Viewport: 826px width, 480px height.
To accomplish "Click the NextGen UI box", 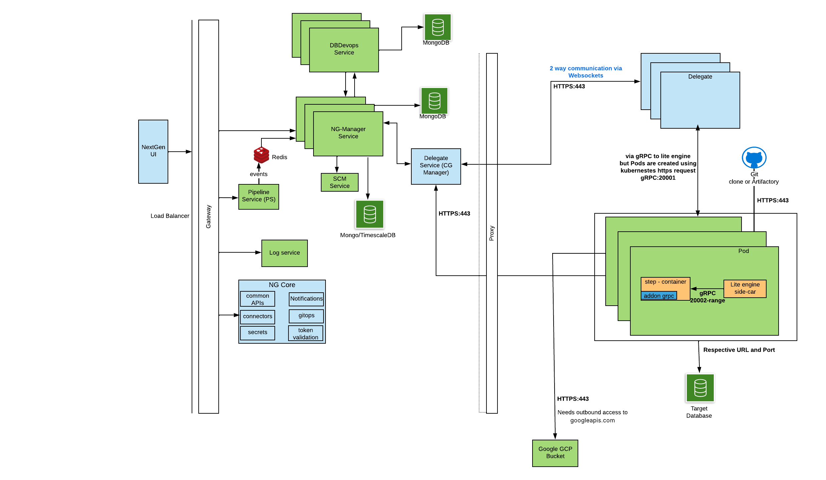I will point(153,151).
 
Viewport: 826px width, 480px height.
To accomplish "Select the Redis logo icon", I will point(261,155).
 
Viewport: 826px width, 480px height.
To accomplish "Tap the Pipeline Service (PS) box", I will point(258,196).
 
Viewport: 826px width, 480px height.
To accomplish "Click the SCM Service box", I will point(339,182).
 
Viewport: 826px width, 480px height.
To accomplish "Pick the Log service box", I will point(284,253).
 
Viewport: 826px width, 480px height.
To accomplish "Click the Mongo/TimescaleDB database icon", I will point(370,214).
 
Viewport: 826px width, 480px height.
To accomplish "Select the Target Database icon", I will point(700,388).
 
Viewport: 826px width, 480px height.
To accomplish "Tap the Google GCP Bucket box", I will point(555,453).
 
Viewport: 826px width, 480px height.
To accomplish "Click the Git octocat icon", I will point(754,158).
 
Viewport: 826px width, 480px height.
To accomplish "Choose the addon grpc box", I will point(658,296).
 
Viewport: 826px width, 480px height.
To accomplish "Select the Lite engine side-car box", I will point(745,288).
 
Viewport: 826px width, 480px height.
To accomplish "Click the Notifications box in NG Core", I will point(306,299).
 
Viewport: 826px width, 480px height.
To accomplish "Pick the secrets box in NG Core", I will point(257,333).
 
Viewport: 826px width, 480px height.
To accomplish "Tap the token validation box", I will point(305,333).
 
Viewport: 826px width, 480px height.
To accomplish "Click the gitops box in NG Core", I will point(306,316).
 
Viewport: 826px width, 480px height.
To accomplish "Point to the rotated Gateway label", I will point(208,216).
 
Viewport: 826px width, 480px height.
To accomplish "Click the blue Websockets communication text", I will point(586,72).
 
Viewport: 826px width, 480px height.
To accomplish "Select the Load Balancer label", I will point(170,216).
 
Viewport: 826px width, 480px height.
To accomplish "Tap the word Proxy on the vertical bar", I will point(491,233).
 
